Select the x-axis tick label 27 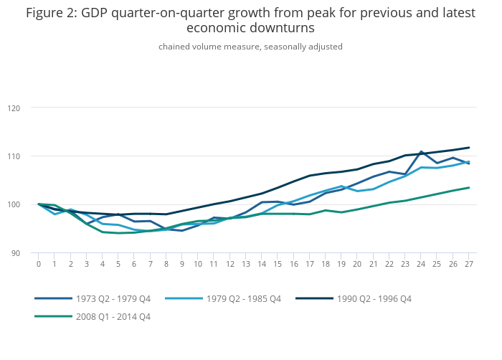469,264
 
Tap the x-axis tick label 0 39,264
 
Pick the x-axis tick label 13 246,264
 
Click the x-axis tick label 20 357,264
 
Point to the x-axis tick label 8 166,264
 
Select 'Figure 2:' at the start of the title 54,12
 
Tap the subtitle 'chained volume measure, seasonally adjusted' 250,47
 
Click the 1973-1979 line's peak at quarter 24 421,152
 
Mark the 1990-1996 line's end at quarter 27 469,148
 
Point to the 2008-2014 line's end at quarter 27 469,188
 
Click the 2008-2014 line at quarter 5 118,233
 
